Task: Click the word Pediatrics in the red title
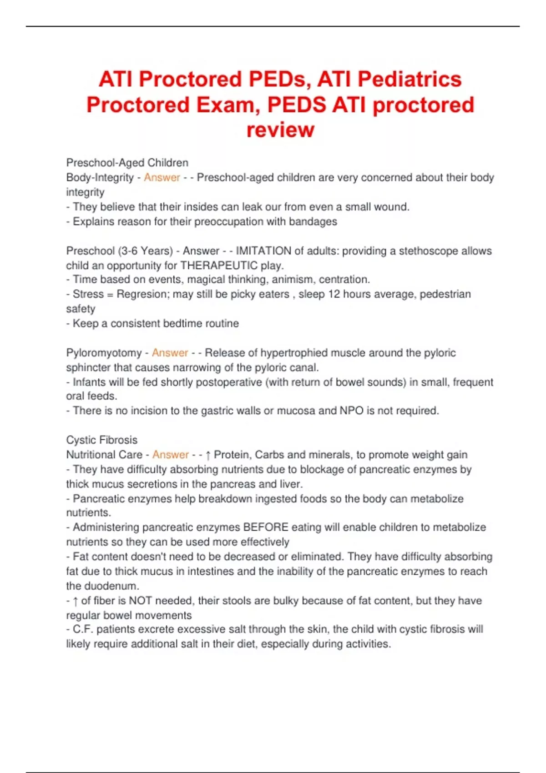(409, 79)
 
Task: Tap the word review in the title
(280, 130)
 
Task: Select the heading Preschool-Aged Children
(127, 163)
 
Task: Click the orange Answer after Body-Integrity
(162, 177)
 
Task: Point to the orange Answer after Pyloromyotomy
(170, 353)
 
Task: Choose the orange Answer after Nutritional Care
(170, 455)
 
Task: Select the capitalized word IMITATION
(263, 251)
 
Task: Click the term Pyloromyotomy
(104, 353)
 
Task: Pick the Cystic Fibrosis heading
(101, 440)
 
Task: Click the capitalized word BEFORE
(266, 527)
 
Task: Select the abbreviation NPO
(351, 411)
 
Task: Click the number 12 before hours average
(334, 294)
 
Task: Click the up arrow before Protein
(208, 455)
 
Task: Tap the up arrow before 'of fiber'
(76, 601)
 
